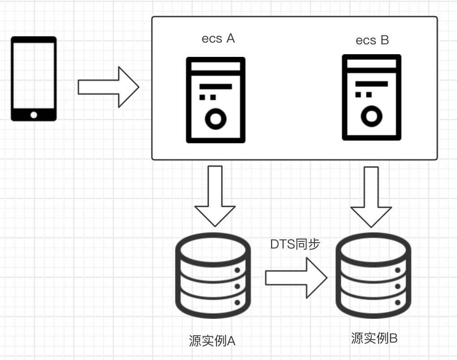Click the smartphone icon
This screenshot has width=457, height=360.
click(34, 78)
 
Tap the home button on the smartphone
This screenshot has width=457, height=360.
click(34, 115)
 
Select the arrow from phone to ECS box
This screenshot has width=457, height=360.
click(108, 87)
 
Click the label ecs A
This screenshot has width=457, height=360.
click(218, 39)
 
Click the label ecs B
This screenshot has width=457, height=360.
click(372, 40)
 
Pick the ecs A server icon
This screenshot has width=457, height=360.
click(216, 100)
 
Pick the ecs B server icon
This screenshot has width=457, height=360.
click(371, 98)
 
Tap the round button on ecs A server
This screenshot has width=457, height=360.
click(216, 119)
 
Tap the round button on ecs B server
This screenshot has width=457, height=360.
click(371, 116)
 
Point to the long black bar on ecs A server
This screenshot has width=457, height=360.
click(216, 86)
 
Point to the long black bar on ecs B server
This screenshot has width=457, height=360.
click(371, 84)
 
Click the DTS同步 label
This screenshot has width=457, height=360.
click(295, 244)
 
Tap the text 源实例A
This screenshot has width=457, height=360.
click(212, 341)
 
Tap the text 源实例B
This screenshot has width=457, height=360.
click(374, 339)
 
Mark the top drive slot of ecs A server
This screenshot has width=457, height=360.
click(216, 66)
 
